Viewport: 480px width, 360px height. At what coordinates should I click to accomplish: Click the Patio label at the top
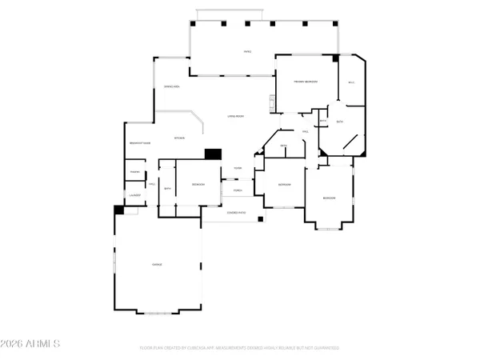click(x=248, y=52)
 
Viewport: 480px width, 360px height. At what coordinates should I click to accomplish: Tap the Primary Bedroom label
click(x=306, y=82)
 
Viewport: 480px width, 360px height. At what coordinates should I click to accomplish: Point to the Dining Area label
click(x=171, y=86)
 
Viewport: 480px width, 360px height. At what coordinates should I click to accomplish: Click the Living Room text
click(x=235, y=115)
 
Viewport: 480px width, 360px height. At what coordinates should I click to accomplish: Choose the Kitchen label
click(x=180, y=138)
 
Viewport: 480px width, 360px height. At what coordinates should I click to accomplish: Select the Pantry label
click(x=134, y=172)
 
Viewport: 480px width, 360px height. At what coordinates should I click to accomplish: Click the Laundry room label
click(x=134, y=194)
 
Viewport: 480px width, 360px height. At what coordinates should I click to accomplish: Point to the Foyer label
click(x=238, y=168)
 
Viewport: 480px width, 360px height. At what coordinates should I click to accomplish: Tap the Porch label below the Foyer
click(x=238, y=190)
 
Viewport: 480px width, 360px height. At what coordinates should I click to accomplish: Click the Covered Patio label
click(x=236, y=213)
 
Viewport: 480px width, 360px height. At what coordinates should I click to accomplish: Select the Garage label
click(x=158, y=264)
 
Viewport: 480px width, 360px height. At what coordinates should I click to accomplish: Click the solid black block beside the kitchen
click(x=213, y=154)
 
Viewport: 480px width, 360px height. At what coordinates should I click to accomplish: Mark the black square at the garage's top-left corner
click(x=118, y=210)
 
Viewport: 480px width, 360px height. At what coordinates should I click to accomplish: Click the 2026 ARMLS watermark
click(x=32, y=345)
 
